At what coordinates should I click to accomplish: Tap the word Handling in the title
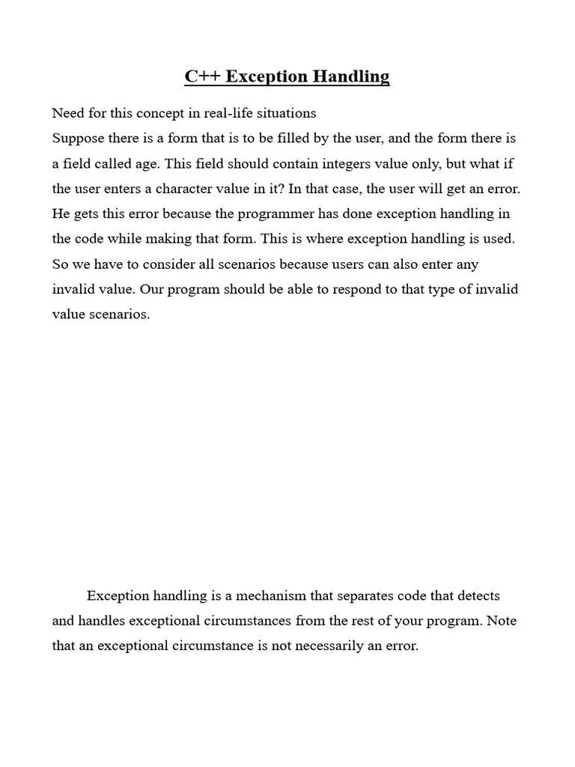click(x=352, y=76)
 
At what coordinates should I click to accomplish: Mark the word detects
click(x=475, y=596)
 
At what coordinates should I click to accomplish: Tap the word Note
click(x=502, y=621)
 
